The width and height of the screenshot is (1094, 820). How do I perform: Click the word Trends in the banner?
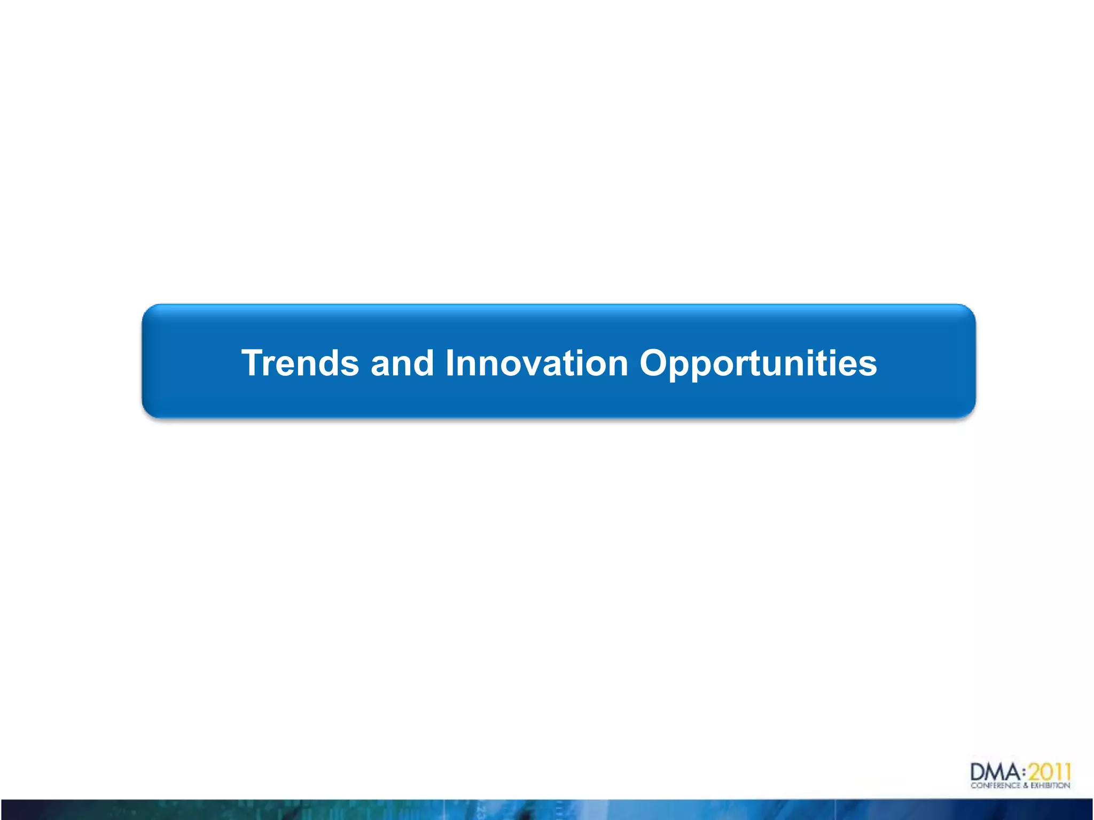pos(300,363)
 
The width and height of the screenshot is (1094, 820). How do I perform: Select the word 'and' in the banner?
pos(402,363)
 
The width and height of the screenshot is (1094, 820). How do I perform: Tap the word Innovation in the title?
pos(536,363)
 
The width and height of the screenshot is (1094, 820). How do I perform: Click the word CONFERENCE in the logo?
pos(996,785)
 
